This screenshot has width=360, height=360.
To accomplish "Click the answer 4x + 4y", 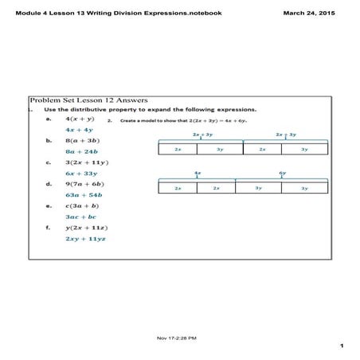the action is pos(79,129).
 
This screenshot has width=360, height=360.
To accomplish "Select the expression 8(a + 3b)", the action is pos(81,139).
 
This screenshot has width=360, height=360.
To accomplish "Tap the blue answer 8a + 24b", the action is pos(81,151).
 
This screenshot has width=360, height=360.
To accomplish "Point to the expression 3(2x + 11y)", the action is pos(86,162).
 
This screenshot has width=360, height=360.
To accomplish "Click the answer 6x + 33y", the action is pos(81,173).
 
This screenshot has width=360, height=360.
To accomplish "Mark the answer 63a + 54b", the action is pos(84,194).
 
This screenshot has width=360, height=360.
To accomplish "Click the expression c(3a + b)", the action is pos(81,205).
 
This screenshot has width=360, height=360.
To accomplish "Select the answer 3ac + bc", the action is pos(81,216).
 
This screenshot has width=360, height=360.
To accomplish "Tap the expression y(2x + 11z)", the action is pos(86,227).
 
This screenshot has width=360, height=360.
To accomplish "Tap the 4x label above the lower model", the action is pos(197,173).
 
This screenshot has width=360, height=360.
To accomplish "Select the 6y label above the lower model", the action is pos(283,173).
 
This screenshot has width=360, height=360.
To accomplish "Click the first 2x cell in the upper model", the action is pos(178,149).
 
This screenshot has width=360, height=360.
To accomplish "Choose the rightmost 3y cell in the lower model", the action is pos(305,188).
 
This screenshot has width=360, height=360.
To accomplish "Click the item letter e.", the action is pos(49,205).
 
